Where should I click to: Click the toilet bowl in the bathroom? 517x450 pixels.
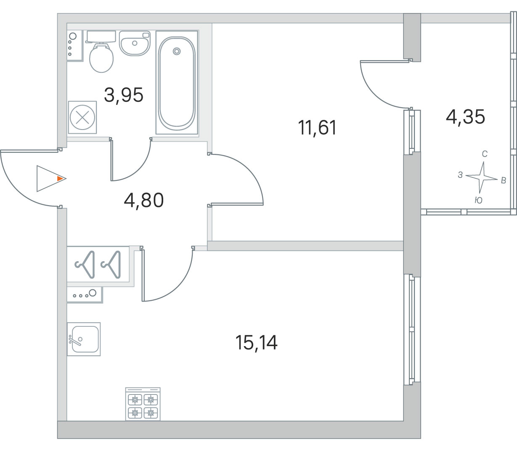101,58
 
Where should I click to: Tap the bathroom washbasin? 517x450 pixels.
135,43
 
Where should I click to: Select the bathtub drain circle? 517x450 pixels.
177,51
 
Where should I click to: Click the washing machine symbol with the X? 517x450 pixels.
82,117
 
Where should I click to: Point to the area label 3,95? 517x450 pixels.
124,95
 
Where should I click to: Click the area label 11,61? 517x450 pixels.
317,127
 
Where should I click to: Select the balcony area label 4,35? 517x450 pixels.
465,116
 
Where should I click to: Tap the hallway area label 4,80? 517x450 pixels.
144,200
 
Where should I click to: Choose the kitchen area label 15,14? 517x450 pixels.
256,342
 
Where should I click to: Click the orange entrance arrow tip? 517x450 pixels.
60,179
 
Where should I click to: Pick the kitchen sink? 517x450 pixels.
84,339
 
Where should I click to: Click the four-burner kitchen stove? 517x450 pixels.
143,404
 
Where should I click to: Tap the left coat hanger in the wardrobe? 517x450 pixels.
85,265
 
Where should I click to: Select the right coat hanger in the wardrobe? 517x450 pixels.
111,265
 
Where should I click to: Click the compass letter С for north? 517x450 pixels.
485,154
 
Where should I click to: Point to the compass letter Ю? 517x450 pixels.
478,200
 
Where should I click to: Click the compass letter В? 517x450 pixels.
504,180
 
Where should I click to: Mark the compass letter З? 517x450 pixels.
460,175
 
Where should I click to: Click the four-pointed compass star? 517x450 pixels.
482,178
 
